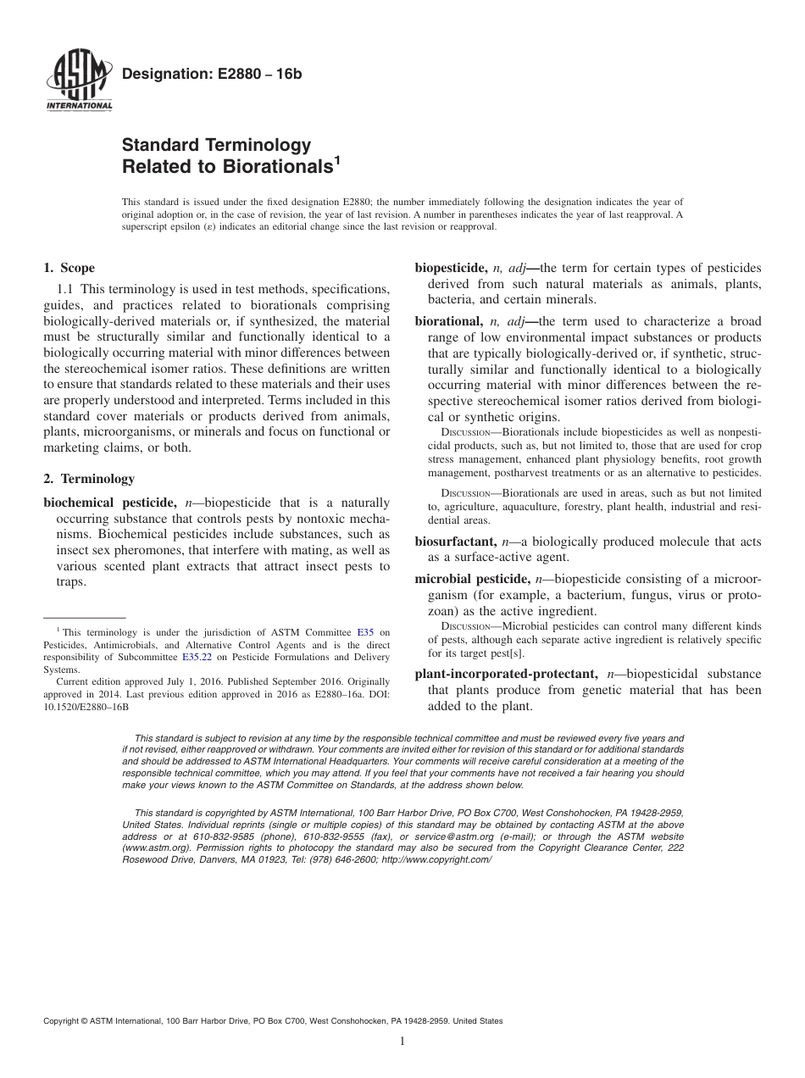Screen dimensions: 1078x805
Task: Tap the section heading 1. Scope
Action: (x=69, y=268)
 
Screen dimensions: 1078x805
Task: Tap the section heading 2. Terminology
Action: (x=88, y=479)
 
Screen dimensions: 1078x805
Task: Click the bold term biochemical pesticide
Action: (x=106, y=503)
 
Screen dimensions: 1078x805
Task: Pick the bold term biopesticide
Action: (x=450, y=268)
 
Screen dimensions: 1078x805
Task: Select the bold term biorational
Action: (x=447, y=321)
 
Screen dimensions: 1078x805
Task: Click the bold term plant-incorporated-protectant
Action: (x=506, y=674)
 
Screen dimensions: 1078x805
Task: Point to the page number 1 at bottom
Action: (x=402, y=1042)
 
